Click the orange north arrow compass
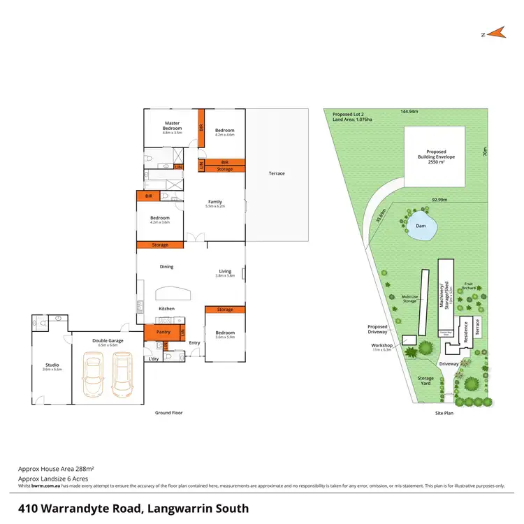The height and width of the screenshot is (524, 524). pos(496,32)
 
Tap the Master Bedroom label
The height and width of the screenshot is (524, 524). pos(173,126)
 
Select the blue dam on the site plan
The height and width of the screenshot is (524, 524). pos(422,227)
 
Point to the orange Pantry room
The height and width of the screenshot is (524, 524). pos(164,332)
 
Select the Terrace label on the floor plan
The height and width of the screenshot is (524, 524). pos(277,173)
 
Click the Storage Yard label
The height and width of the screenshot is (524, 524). pos(425,380)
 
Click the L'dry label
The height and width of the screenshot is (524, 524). pos(153,359)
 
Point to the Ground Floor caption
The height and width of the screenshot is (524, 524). pos(168,413)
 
